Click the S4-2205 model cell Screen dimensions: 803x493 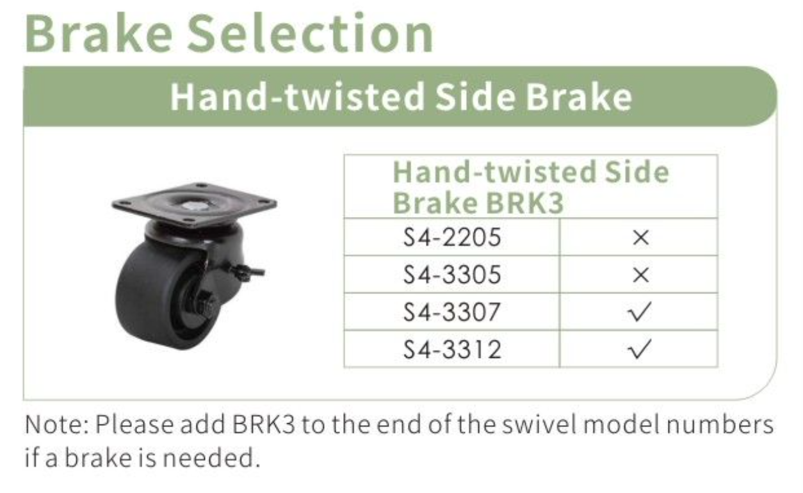(x=451, y=237)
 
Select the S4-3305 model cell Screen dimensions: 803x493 (x=451, y=275)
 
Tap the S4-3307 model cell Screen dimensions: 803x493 (x=451, y=312)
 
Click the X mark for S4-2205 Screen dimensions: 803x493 (x=640, y=238)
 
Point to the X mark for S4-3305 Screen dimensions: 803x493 (x=640, y=275)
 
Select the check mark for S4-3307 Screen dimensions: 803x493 (x=640, y=312)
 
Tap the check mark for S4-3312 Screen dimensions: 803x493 (x=640, y=349)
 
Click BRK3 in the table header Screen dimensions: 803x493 (x=524, y=203)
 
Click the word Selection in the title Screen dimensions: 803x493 (x=311, y=33)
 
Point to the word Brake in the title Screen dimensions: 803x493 (x=99, y=33)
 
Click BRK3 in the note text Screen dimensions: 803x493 (x=264, y=424)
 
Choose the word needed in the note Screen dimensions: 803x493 (x=211, y=458)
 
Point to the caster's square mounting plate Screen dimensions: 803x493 (x=194, y=205)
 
